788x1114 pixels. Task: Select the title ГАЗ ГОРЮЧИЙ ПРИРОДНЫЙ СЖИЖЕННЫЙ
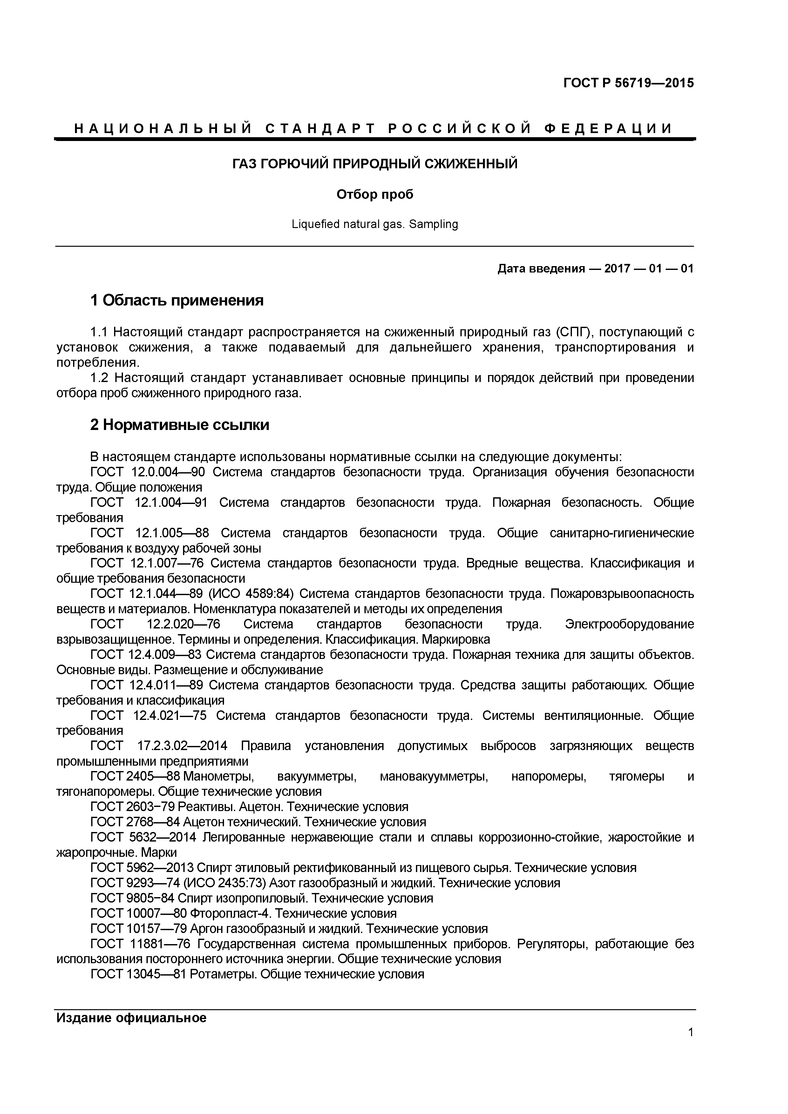(375, 164)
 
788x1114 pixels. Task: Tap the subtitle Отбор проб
(375, 195)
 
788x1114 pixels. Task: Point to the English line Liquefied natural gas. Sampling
(375, 224)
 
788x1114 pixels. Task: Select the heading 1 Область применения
(177, 300)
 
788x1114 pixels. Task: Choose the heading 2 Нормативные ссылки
(180, 425)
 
